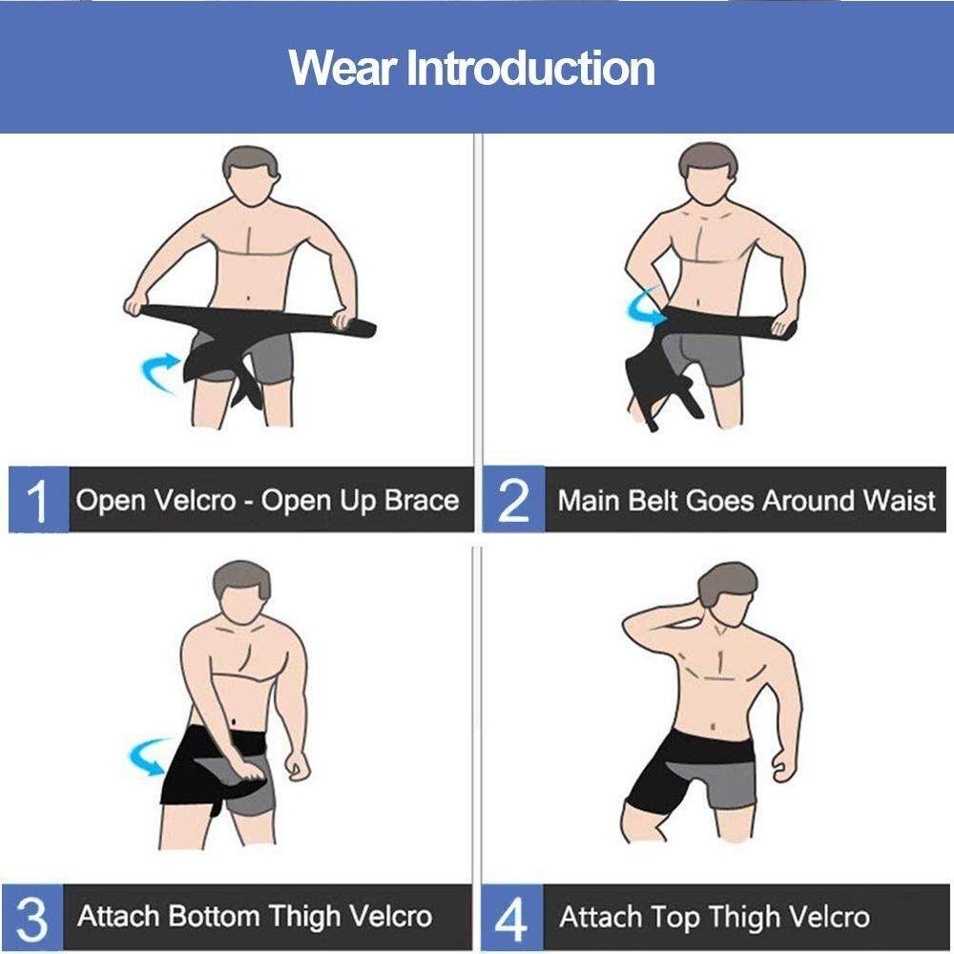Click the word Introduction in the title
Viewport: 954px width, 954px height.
(530, 67)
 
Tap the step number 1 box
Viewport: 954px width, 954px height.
(39, 500)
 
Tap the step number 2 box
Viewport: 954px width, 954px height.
(513, 500)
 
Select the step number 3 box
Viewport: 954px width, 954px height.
(32, 917)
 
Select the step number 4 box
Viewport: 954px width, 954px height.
(512, 917)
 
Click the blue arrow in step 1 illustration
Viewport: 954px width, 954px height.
(159, 371)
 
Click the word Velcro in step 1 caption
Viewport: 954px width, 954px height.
(194, 501)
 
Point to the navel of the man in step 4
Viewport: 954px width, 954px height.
(713, 726)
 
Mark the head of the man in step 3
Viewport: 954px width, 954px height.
(241, 592)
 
